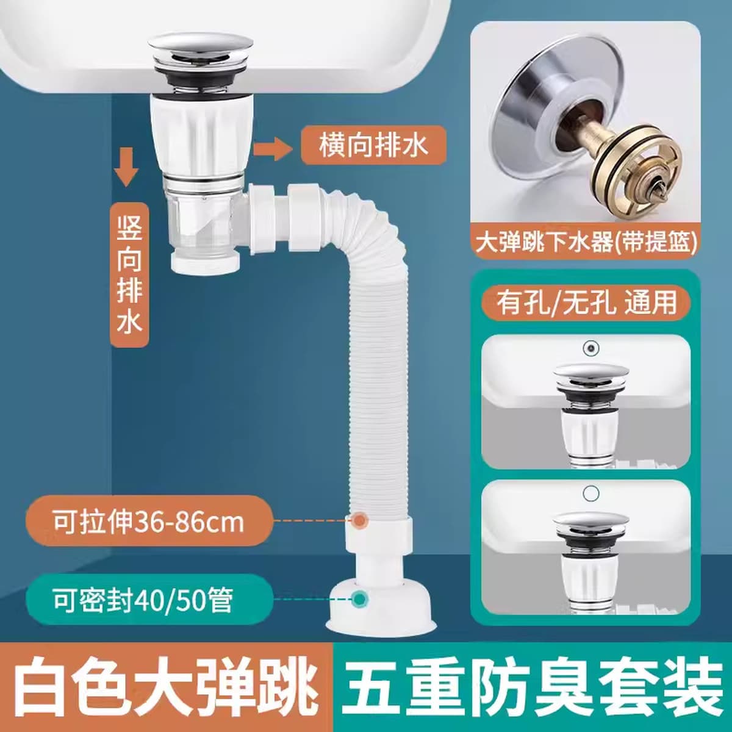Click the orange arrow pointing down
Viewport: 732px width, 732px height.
pos(126,167)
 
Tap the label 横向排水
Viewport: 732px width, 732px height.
pos(373,145)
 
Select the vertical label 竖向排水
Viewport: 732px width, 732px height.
pos(129,274)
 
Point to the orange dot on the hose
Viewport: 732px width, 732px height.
pos(359,520)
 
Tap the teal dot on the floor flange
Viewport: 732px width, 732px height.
pos(359,599)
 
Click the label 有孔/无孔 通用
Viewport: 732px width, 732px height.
pos(586,303)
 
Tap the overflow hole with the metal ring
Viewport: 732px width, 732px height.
pos(590,347)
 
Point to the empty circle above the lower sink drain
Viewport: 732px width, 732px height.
pos(590,493)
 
